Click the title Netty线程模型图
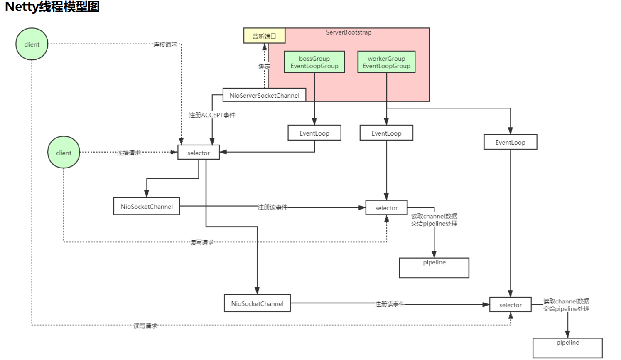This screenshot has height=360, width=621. pyautogui.click(x=52, y=7)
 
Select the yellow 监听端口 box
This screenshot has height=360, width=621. pyautogui.click(x=264, y=36)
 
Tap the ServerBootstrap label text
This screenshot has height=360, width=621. pyautogui.click(x=349, y=32)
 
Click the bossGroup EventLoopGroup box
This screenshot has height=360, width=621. pyautogui.click(x=314, y=62)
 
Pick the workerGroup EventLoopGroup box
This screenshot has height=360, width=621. pyautogui.click(x=386, y=62)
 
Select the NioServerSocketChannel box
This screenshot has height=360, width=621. pyautogui.click(x=264, y=95)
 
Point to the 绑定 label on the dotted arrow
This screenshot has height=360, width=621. pyautogui.click(x=264, y=66)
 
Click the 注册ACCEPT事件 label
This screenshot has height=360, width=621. pyautogui.click(x=212, y=115)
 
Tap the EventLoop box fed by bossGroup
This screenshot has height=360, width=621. pyautogui.click(x=314, y=133)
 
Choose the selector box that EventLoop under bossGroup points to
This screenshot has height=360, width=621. pyautogui.click(x=199, y=153)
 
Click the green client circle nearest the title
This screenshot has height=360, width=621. pyautogui.click(x=32, y=44)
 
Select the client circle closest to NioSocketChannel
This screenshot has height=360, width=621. pyautogui.click(x=64, y=153)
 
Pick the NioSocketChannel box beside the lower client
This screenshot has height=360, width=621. pyautogui.click(x=147, y=206)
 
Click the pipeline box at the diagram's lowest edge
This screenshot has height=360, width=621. pyautogui.click(x=567, y=348)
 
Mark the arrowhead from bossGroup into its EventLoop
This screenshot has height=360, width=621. pyautogui.click(x=314, y=121)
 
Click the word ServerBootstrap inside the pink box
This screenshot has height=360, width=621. pyautogui.click(x=349, y=32)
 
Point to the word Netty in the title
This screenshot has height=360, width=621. pyautogui.click(x=22, y=7)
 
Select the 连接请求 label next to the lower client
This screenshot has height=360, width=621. pyautogui.click(x=129, y=153)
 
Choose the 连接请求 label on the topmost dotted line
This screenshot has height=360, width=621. pyautogui.click(x=165, y=44)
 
